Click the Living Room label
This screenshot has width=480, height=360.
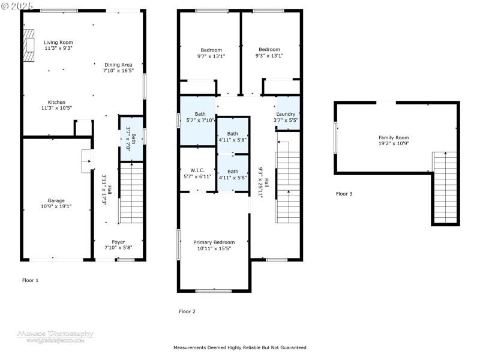tap(58, 42)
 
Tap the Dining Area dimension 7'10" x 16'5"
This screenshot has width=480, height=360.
tap(118, 71)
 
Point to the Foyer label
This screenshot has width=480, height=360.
tap(118, 242)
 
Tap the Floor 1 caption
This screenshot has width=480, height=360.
tap(30, 280)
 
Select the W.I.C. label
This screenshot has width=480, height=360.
tap(198, 170)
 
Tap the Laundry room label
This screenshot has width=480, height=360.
tap(286, 114)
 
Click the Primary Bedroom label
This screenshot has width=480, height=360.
tap(214, 242)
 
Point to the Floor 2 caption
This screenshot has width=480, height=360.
tap(187, 311)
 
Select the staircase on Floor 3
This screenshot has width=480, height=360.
tap(445, 186)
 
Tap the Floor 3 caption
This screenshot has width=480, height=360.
tap(344, 194)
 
